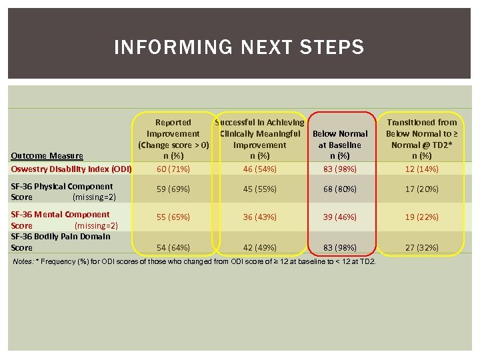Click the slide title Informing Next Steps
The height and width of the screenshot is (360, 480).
(239, 48)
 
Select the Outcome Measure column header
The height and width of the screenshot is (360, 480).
(47, 156)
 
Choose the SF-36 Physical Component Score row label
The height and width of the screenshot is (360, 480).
(63, 191)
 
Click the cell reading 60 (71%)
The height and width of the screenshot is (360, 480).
(173, 169)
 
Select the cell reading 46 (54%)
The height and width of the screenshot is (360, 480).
(260, 169)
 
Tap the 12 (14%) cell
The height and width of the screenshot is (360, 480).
(422, 169)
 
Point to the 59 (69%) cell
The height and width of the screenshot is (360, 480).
(173, 189)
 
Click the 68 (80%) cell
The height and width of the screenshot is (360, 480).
(339, 189)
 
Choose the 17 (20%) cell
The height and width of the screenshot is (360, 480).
(422, 189)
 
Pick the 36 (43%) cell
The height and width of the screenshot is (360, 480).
(260, 217)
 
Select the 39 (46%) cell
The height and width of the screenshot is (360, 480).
(339, 217)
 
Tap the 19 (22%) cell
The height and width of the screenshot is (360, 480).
(422, 217)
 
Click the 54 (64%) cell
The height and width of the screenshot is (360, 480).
(173, 248)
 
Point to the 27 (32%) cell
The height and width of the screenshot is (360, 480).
(422, 248)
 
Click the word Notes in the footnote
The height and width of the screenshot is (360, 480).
(22, 261)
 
